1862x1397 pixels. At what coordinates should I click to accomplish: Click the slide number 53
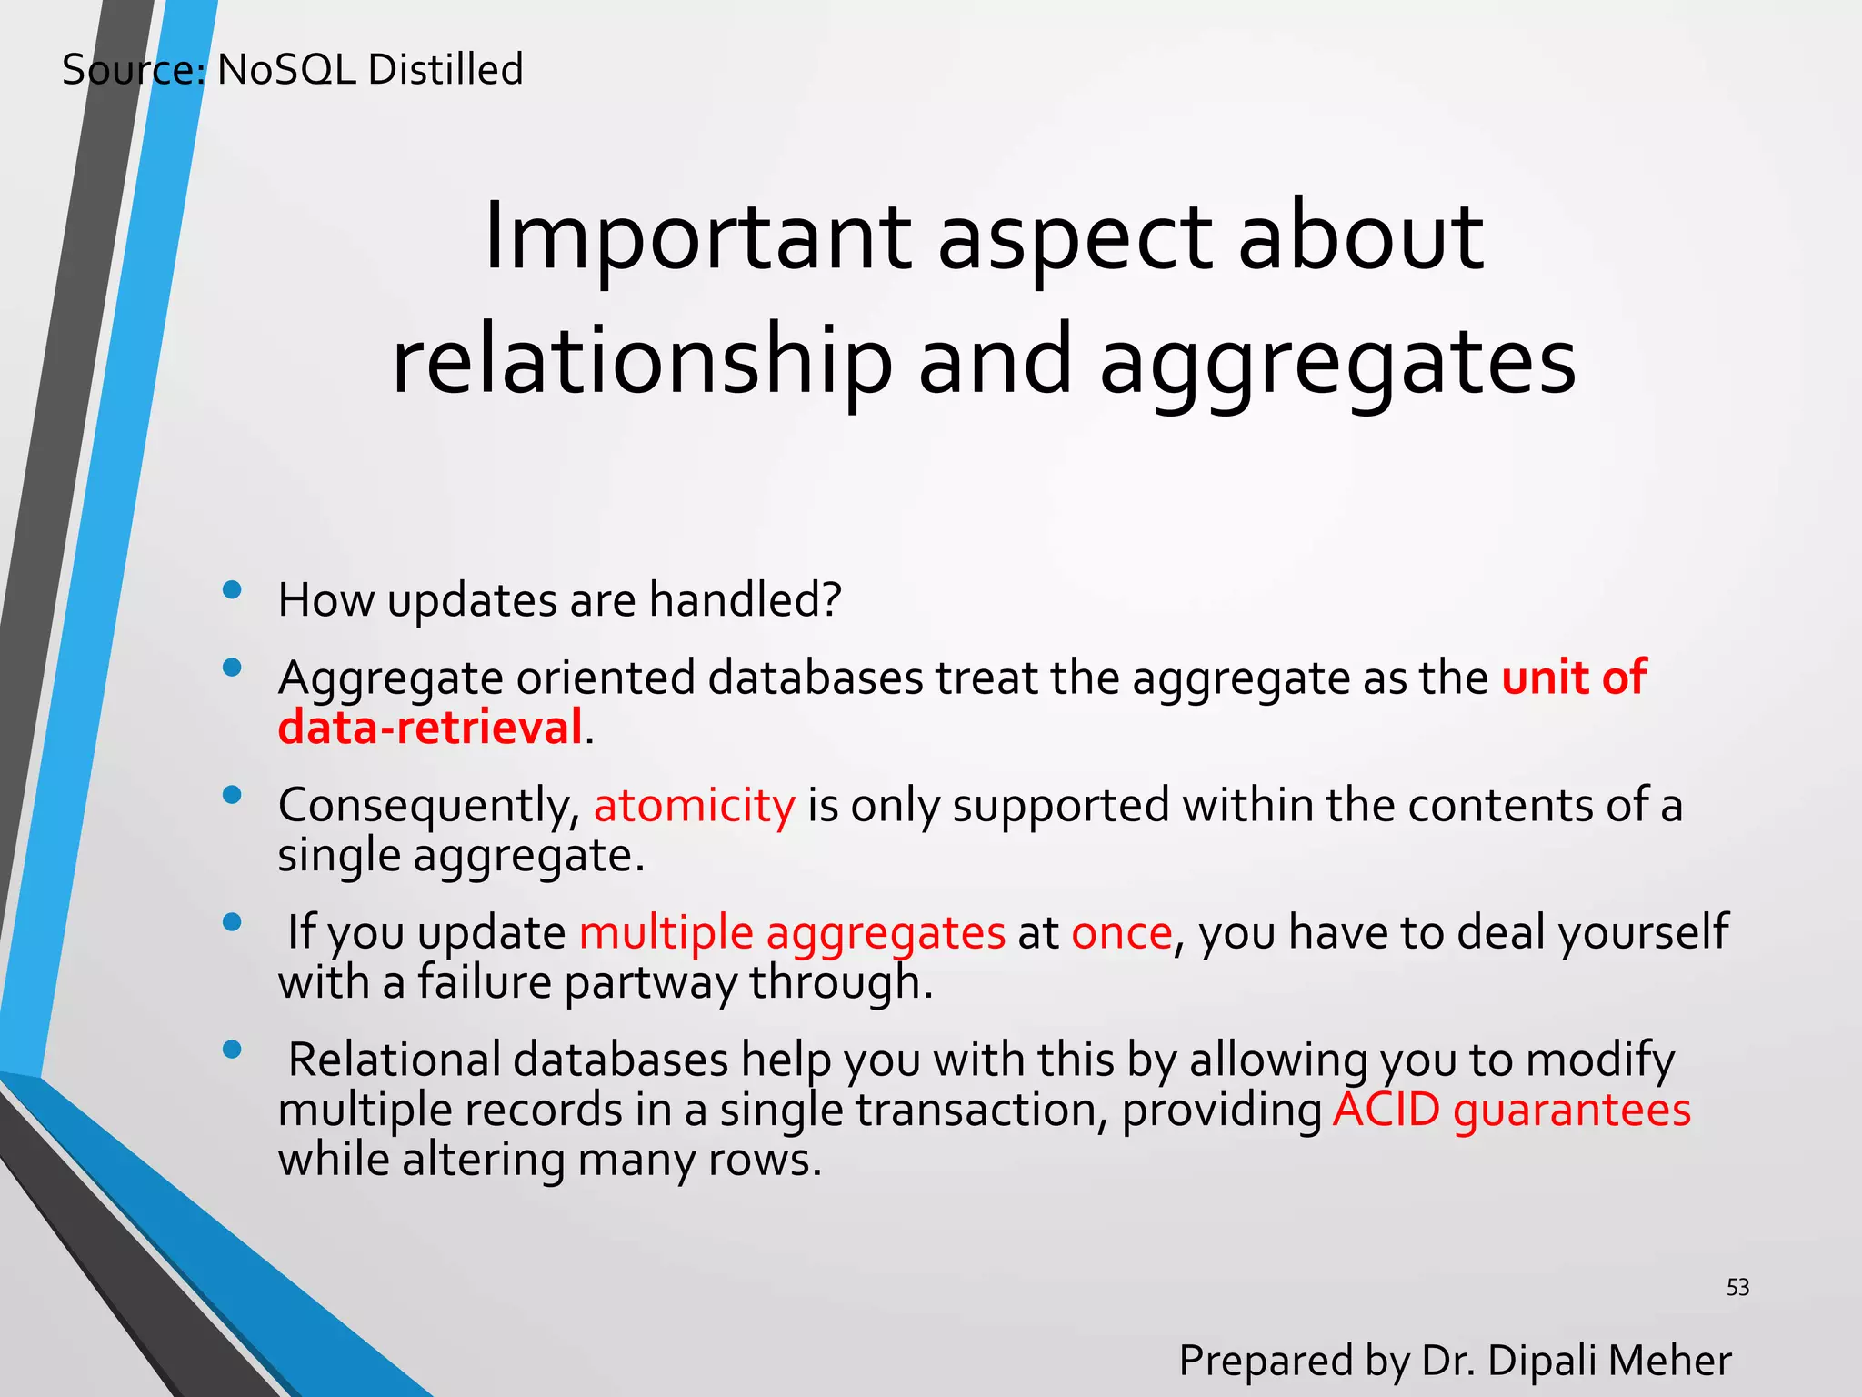tap(1737, 1287)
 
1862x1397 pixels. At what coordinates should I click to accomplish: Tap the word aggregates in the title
tap(1337, 362)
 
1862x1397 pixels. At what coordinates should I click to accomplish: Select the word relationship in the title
tap(642, 362)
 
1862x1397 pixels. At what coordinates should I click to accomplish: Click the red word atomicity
tap(694, 806)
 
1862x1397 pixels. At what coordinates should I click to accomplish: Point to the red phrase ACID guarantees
tap(1511, 1110)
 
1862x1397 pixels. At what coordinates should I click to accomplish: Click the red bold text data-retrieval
tap(429, 728)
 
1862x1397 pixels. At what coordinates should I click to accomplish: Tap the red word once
tap(1121, 933)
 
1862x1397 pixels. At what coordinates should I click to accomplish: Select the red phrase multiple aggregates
tap(792, 933)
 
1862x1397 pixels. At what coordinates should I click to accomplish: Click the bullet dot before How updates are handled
tap(232, 590)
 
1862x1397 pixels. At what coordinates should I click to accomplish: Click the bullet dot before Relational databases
tap(232, 1050)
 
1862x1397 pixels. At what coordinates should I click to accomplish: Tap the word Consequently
tap(428, 806)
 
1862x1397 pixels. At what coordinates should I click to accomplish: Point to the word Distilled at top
tap(445, 70)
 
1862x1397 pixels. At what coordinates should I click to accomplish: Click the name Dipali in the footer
tap(1542, 1361)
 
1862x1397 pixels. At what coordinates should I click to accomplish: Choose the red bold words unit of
tap(1573, 678)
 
